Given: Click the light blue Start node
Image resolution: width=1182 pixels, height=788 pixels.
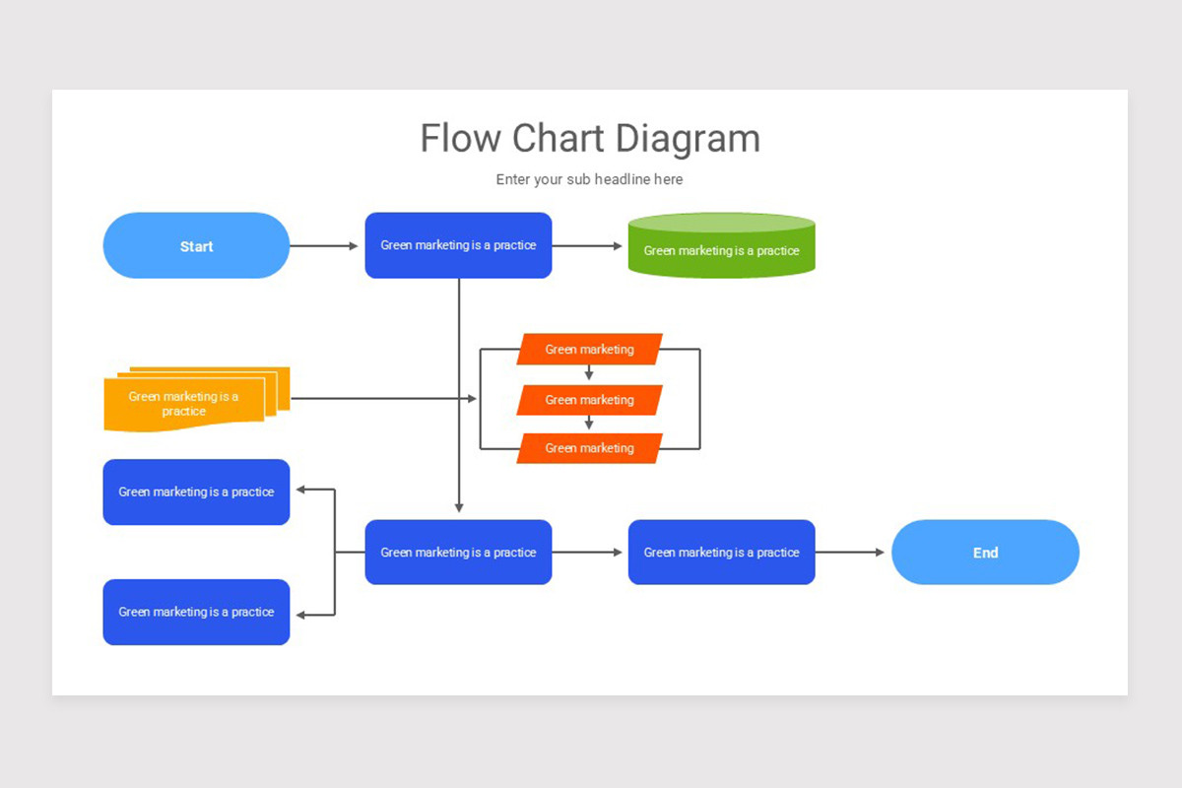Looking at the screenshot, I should coord(196,246).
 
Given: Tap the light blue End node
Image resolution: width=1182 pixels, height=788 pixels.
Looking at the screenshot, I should coord(985,553).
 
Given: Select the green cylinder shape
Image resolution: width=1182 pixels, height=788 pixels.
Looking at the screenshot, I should coord(721,247).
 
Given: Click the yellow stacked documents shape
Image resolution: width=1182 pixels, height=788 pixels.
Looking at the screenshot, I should coord(187,402).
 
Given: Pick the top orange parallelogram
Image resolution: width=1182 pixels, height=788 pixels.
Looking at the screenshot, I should coord(589,349).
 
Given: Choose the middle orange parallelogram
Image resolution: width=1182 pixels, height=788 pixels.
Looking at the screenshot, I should coord(589,400).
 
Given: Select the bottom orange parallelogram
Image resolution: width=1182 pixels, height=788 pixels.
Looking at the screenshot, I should coord(589,448).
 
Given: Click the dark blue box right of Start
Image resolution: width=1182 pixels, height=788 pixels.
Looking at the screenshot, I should coord(458,245).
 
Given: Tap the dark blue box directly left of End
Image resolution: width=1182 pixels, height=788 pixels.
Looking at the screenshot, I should coord(721,553).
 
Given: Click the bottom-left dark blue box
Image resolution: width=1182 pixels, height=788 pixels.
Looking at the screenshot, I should coord(196,612).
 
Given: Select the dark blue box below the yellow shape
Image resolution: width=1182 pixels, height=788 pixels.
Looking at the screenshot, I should coord(196,492).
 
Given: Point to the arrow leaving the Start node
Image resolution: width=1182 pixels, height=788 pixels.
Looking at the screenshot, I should coord(325,246).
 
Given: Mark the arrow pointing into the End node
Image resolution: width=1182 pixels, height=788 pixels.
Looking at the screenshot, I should coord(852,553).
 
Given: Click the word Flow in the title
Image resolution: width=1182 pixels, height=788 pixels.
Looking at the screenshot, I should coord(461,139).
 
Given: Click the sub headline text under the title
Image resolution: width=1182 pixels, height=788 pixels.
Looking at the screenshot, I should coord(589,179).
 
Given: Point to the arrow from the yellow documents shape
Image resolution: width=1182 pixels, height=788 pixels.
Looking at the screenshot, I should coord(384,399).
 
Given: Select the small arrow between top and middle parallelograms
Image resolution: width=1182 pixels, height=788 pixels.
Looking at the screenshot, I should coord(589,373).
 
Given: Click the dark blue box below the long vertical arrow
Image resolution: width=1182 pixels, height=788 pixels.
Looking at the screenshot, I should coord(458,553).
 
